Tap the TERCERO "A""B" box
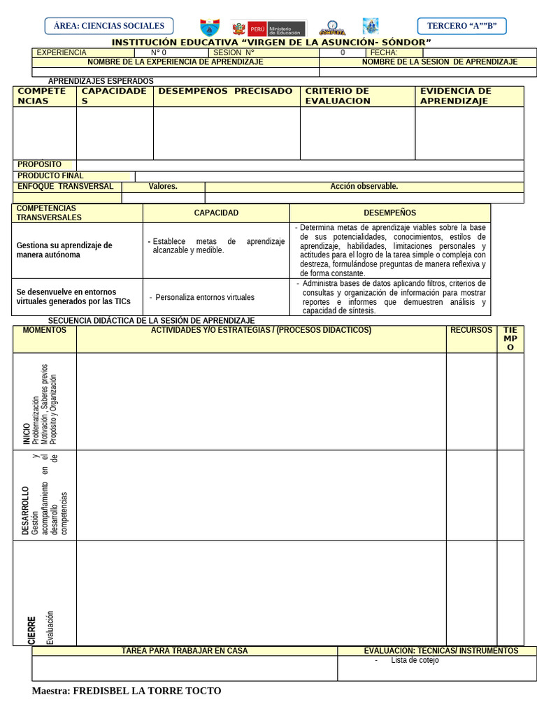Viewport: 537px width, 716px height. click(461, 26)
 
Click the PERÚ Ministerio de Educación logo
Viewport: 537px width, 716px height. click(269, 28)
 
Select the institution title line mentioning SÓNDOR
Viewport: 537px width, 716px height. click(271, 43)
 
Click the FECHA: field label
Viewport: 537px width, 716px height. click(384, 52)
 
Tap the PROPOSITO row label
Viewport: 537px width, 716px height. click(40, 164)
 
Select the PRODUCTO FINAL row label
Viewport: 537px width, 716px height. click(50, 176)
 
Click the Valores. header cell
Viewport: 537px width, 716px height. click(163, 187)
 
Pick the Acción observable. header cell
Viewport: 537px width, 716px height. click(364, 187)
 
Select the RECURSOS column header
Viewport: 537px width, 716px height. click(471, 330)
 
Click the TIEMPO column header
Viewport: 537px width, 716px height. click(510, 338)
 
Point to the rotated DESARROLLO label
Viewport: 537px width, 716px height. click(26, 510)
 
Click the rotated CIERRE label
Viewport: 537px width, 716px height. click(31, 630)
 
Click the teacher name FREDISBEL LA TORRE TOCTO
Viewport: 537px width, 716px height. click(127, 691)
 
